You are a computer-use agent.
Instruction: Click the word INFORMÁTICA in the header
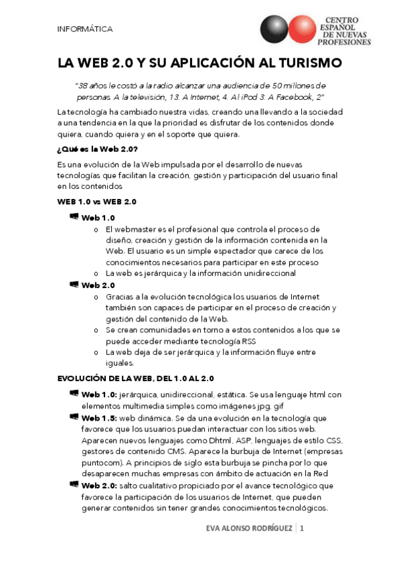[x=85, y=29]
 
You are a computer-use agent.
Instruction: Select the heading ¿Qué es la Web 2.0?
[x=98, y=148]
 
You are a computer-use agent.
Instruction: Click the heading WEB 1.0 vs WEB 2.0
[x=98, y=201]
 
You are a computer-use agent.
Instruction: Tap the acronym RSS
[x=249, y=340]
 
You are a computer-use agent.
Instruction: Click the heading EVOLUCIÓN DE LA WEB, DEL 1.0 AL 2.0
[x=135, y=378]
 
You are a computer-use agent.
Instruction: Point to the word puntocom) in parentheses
[x=102, y=462]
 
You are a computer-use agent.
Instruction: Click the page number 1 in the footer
[x=302, y=529]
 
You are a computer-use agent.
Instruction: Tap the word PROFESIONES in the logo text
[x=347, y=42]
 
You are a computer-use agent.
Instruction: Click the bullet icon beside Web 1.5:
[x=74, y=416]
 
